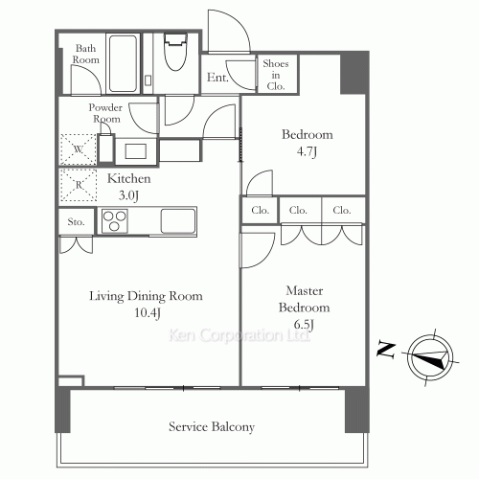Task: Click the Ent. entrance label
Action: pos(217,78)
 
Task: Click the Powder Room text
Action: pos(106,113)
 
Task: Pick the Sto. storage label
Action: pos(77,222)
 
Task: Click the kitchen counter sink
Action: pos(178,220)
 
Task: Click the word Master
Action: pos(306,291)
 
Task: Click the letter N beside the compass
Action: pos(383,351)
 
